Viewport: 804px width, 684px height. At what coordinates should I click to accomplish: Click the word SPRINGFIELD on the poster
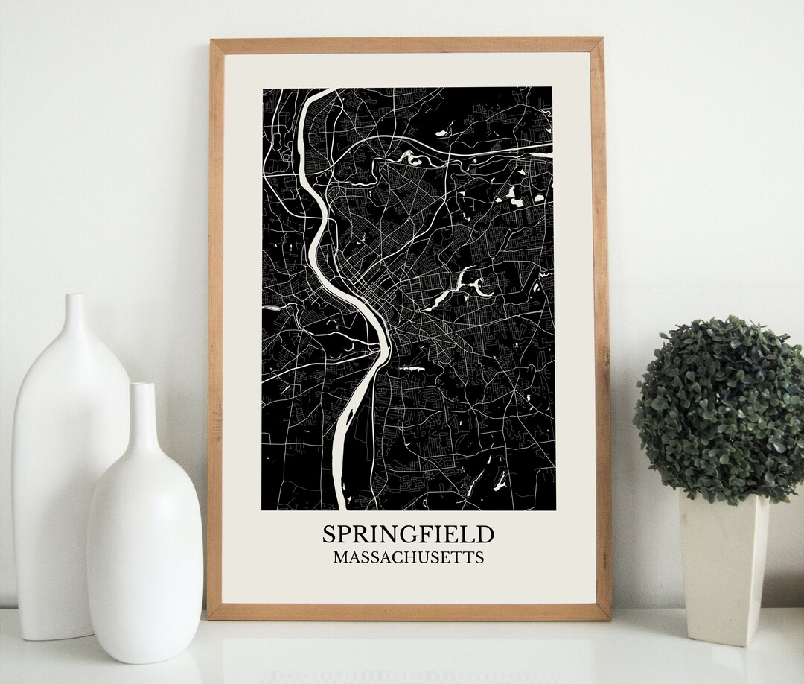(408, 533)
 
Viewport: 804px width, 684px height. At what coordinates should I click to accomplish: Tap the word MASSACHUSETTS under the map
(408, 557)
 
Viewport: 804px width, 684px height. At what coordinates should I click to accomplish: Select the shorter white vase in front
(144, 536)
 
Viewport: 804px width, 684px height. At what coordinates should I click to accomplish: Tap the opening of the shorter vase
(141, 386)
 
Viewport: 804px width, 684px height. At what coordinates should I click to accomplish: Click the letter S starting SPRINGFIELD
(329, 534)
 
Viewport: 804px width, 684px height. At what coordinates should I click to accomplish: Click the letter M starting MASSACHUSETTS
(339, 557)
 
